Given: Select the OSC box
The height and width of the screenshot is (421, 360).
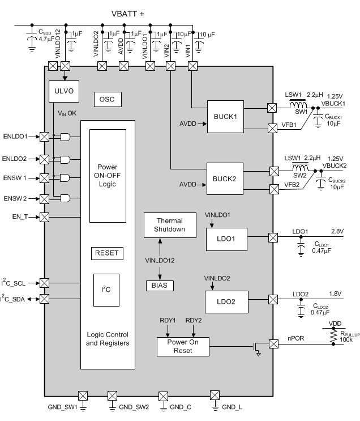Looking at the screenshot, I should coord(107,99).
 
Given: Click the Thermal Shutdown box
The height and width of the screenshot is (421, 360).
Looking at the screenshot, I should coord(170,226).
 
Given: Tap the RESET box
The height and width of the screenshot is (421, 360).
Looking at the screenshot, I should coord(107,253).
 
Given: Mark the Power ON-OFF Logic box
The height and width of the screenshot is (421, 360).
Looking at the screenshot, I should coord(108,175).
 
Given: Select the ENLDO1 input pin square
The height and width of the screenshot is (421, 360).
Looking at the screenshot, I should coord(44,137).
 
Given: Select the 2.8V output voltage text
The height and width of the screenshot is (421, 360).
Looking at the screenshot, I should coord(337,231).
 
